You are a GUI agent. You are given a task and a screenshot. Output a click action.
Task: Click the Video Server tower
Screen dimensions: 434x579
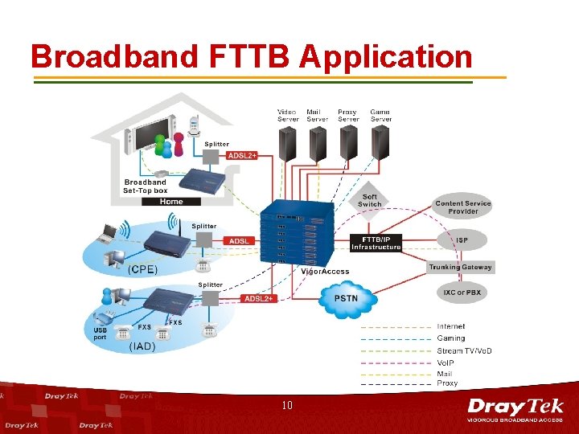coord(287,144)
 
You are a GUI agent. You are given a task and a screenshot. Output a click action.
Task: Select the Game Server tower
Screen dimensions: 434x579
coord(380,144)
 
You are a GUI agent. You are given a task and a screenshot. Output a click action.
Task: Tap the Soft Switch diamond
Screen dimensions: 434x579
coord(370,201)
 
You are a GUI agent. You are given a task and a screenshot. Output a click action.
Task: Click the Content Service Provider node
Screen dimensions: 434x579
coord(462,207)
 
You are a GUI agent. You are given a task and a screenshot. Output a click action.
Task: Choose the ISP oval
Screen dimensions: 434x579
coord(462,240)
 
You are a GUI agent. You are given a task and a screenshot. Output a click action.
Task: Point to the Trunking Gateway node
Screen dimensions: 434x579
coord(461,267)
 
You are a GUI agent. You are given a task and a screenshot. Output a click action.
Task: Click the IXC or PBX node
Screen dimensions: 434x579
coord(462,292)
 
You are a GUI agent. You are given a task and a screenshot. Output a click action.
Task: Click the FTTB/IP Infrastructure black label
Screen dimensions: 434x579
coord(376,243)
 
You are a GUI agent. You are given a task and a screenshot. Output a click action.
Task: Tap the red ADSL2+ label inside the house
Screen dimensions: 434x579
coord(242,155)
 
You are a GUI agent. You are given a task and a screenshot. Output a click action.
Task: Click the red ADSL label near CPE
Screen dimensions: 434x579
coord(239,241)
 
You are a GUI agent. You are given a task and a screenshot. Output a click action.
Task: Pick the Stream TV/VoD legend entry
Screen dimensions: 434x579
coord(464,350)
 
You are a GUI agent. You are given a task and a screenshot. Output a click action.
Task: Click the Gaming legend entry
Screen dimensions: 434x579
coord(450,338)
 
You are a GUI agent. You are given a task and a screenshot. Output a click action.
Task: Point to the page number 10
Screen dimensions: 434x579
coord(287,406)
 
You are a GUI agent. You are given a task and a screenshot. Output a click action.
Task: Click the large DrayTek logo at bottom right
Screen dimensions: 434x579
coord(515,409)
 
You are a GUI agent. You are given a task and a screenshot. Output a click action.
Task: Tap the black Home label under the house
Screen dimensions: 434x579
coord(171,202)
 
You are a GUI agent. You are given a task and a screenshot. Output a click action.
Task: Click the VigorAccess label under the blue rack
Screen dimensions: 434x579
coord(325,272)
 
